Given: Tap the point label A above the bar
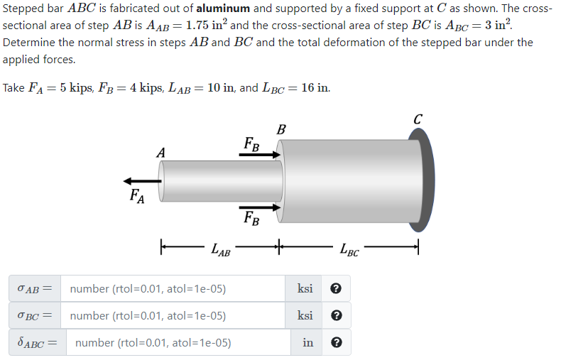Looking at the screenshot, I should tap(161, 152).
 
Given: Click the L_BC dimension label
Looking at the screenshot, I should tap(349, 249).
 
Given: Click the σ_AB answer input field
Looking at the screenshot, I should tap(174, 289).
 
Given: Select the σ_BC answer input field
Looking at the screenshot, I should tap(174, 316).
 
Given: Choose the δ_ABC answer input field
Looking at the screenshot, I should tap(178, 342).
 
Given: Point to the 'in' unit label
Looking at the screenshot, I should tap(307, 342).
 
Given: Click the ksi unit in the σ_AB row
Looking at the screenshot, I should tap(305, 289).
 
